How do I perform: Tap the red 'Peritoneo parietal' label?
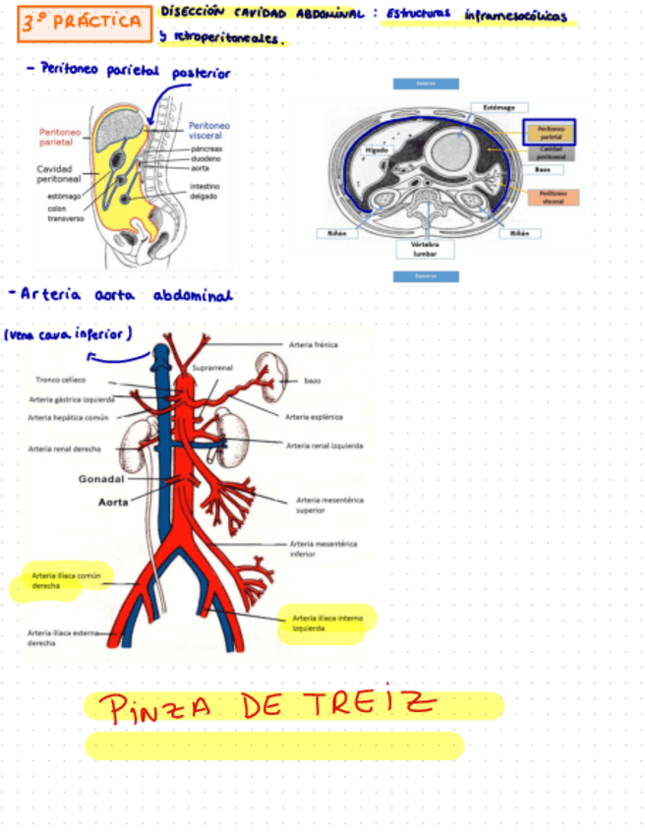point(62,137)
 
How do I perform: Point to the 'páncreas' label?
point(205,148)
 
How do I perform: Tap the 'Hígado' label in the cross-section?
point(377,150)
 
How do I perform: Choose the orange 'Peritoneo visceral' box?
point(552,198)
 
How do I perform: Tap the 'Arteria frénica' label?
point(313,345)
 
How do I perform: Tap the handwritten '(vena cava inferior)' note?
point(69,334)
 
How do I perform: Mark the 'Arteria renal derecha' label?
point(65,448)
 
